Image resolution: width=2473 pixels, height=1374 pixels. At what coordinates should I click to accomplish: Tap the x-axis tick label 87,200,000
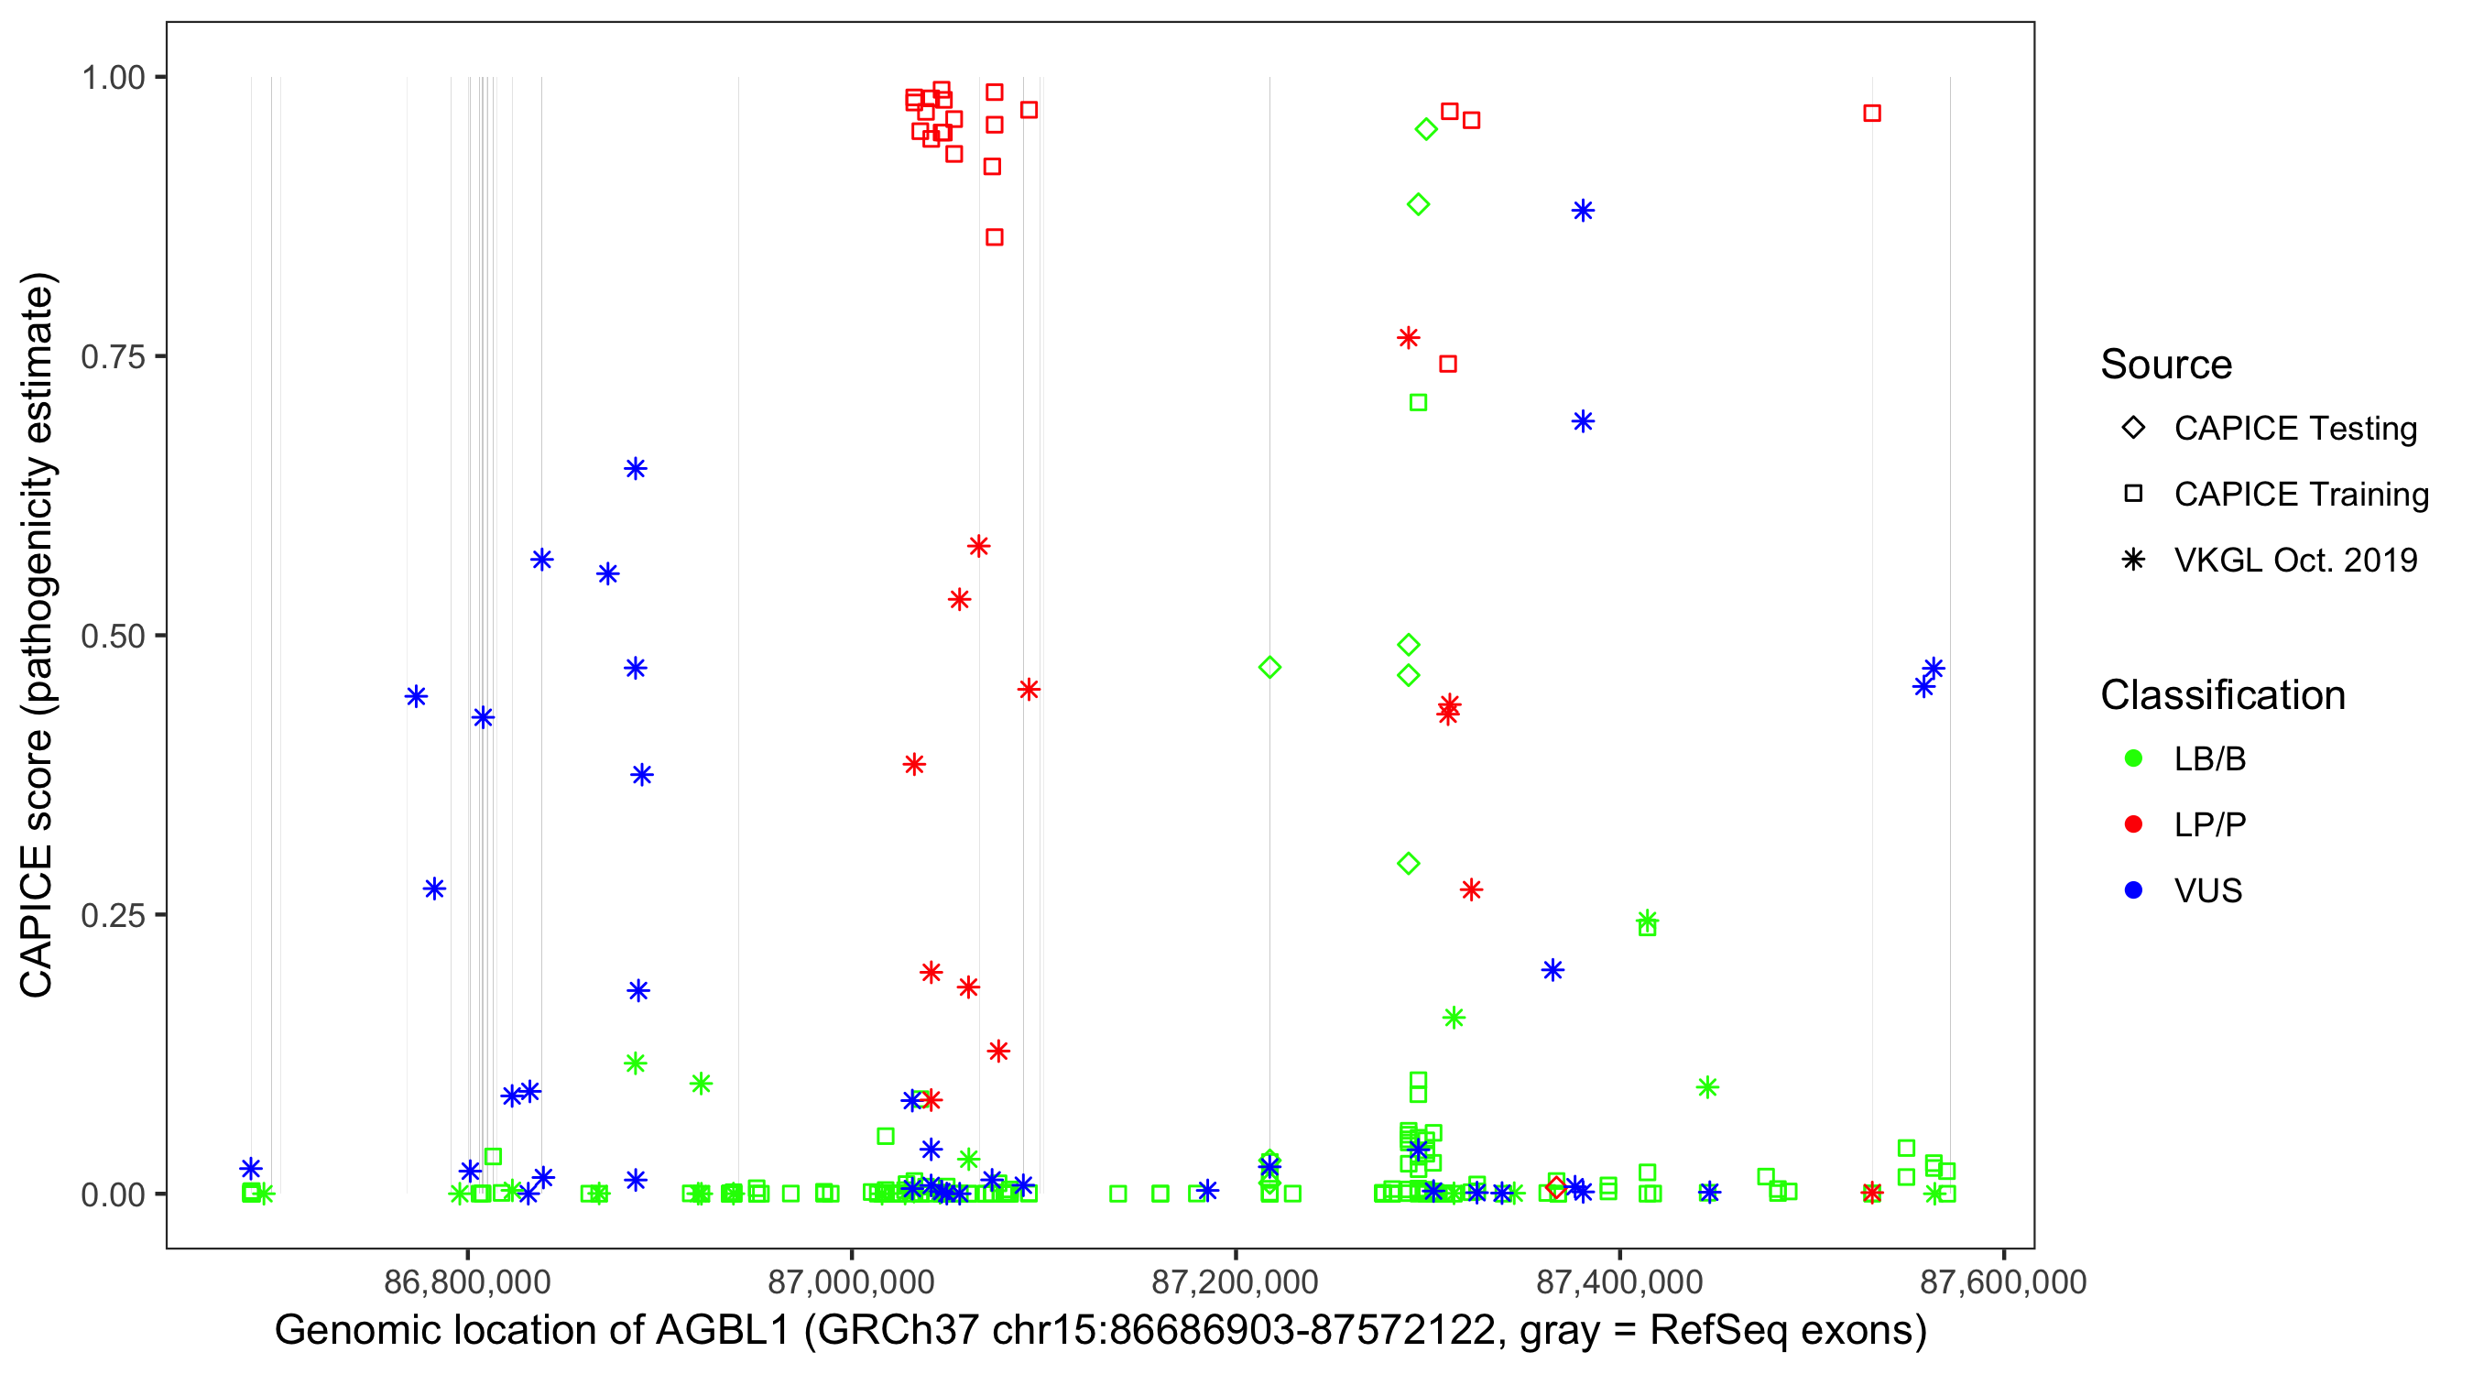1235,1281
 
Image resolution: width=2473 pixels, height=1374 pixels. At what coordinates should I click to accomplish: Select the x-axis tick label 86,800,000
466,1281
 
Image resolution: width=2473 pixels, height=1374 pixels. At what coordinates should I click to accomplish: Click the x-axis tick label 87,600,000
2002,1281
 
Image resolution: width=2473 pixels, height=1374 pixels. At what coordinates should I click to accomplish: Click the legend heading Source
2166,364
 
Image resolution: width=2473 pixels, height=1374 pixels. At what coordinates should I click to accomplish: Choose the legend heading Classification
2222,694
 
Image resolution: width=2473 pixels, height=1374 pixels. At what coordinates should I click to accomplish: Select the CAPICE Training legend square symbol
2133,494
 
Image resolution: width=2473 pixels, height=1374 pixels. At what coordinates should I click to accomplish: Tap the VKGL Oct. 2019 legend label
2295,560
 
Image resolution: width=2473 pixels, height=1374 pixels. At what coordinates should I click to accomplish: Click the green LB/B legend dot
2133,758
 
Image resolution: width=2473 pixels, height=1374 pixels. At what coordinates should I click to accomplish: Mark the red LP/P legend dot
2133,823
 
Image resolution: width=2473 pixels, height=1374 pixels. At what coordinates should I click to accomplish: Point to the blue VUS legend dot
2133,890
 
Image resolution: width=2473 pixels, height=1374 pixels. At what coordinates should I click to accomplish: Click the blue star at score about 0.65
636,469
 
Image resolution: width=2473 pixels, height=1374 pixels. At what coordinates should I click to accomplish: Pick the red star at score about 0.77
1409,338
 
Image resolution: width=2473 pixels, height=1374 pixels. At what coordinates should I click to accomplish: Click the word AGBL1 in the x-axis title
722,1330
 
